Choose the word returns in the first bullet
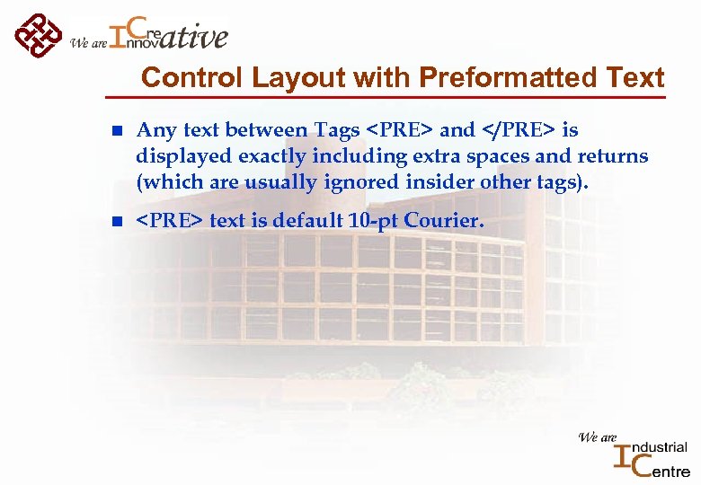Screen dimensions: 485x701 point(610,156)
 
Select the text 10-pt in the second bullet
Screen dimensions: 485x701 point(376,220)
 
